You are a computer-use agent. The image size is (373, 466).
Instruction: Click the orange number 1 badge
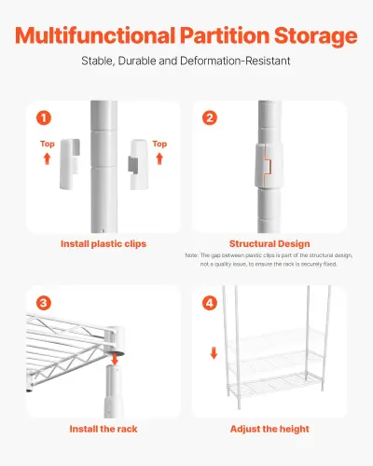[43, 118]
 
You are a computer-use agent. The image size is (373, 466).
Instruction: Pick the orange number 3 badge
[43, 303]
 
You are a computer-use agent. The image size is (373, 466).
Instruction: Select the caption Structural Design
[269, 244]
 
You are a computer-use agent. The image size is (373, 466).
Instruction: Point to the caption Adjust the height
[269, 429]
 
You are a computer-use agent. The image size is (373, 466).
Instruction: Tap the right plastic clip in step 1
[138, 162]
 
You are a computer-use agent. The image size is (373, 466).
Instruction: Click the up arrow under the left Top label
[48, 160]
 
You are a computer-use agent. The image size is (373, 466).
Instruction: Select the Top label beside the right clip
[160, 144]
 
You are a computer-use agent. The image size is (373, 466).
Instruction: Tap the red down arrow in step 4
[213, 353]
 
